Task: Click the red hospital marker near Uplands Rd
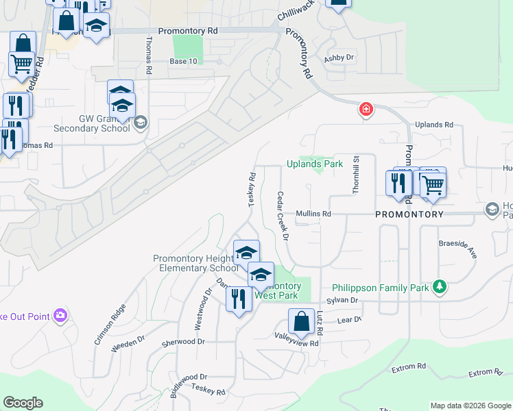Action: point(366,109)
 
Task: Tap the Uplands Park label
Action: point(314,164)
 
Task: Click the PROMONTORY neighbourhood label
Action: point(409,214)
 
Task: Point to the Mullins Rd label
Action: point(313,214)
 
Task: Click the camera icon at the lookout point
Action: point(61,315)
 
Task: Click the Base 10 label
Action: point(183,62)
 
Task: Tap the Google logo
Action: point(23,403)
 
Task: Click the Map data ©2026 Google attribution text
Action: point(470,406)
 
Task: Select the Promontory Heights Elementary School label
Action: point(195,263)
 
